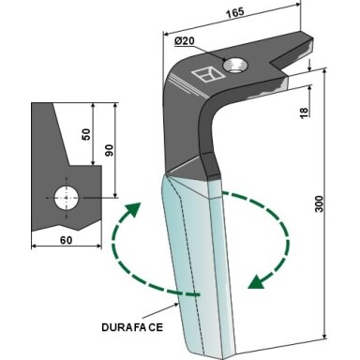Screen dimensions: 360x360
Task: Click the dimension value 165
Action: [x=235, y=13]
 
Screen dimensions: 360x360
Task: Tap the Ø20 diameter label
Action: [x=185, y=41]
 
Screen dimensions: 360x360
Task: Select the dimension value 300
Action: [x=319, y=203]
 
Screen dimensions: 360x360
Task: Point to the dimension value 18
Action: [x=304, y=112]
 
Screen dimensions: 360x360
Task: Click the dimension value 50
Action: [x=86, y=134]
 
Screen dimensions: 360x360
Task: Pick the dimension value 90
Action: [x=109, y=150]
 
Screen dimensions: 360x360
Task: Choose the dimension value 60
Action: [x=66, y=240]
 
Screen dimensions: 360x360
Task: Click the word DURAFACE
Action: [x=132, y=327]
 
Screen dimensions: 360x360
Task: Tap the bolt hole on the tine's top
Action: [x=234, y=65]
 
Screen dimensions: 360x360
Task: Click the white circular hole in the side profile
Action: [x=67, y=198]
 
